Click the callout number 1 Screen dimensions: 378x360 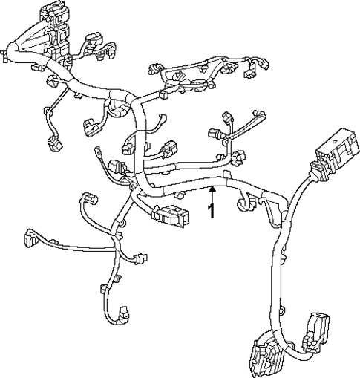pyautogui.click(x=212, y=211)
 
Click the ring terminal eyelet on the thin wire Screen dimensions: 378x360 pyautogui.click(x=98, y=154)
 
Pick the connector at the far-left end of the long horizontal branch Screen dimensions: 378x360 pyautogui.click(x=30, y=237)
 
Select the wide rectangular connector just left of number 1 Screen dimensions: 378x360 pyautogui.click(x=168, y=215)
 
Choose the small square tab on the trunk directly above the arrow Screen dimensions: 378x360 pyautogui.click(x=225, y=175)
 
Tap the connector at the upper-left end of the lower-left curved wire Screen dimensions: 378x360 pyautogui.click(x=88, y=198)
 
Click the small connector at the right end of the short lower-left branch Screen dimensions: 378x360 pyautogui.click(x=141, y=259)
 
